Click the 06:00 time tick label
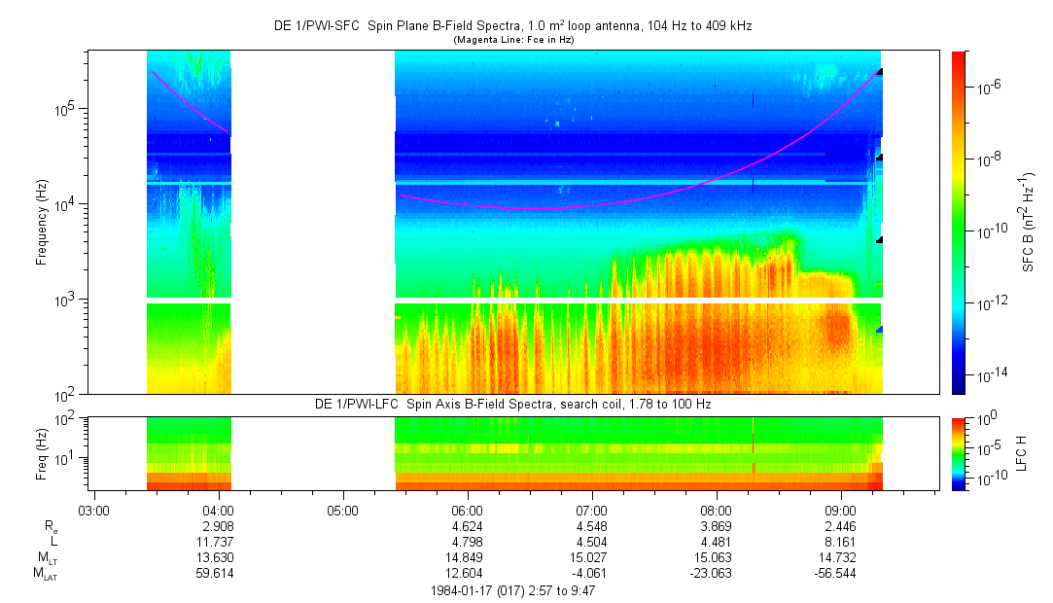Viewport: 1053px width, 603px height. coord(468,510)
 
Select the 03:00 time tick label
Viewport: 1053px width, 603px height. coord(93,510)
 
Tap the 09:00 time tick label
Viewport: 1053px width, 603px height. coord(841,510)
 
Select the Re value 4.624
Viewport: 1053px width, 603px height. coord(468,525)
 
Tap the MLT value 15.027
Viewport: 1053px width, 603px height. coord(592,557)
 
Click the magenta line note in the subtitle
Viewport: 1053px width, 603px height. coord(512,40)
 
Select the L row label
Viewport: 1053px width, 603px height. coord(54,542)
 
